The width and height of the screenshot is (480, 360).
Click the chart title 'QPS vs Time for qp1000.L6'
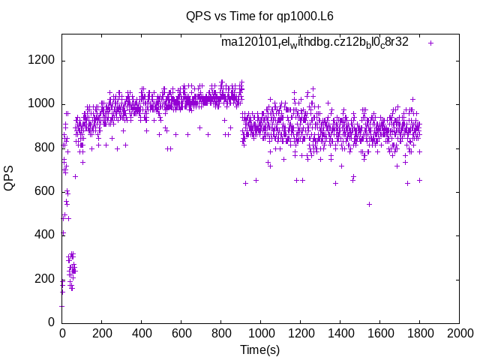click(x=260, y=15)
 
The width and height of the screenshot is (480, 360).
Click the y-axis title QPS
click(x=9, y=178)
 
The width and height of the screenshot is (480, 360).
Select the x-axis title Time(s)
click(x=260, y=349)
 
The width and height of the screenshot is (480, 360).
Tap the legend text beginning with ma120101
click(x=315, y=42)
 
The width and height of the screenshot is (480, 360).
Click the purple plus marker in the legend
click(x=431, y=43)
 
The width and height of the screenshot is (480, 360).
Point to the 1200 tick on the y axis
click(x=42, y=61)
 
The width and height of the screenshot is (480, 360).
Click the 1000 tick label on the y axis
click(x=42, y=104)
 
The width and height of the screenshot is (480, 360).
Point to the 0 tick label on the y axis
click(x=52, y=322)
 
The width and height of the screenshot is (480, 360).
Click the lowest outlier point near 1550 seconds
click(x=369, y=204)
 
